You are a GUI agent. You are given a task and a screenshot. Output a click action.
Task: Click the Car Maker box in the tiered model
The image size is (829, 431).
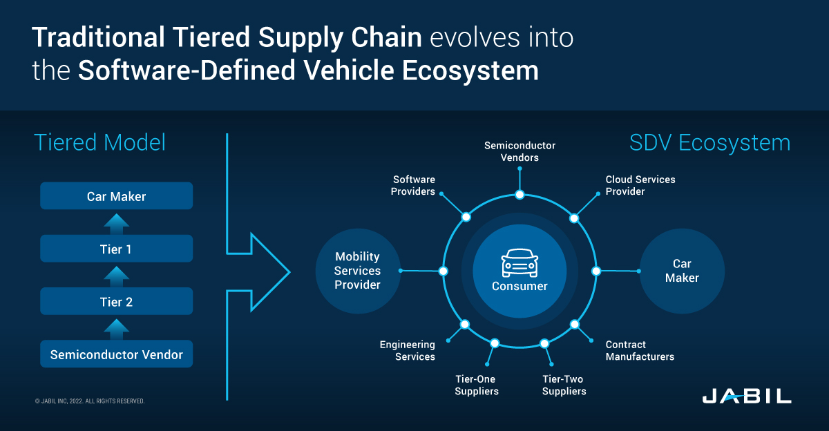pyautogui.click(x=116, y=196)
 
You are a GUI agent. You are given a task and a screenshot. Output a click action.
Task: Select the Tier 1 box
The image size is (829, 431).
pyautogui.click(x=116, y=249)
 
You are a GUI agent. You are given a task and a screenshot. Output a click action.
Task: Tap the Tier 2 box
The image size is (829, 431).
pyautogui.click(x=116, y=302)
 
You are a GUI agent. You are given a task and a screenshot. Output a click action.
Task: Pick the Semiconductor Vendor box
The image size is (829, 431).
pyautogui.click(x=116, y=354)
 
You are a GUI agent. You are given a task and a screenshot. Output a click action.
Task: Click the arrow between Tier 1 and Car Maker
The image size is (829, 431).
pyautogui.click(x=116, y=222)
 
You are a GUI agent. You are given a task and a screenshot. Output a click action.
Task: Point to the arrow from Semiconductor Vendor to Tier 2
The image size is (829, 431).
pyautogui.click(x=116, y=328)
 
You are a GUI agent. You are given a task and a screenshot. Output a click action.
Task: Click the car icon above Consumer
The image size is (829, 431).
pyautogui.click(x=520, y=263)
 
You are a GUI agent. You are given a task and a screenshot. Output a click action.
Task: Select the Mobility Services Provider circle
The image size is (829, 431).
pyautogui.click(x=357, y=271)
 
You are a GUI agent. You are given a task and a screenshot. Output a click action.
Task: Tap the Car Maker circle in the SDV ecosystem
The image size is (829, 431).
pyautogui.click(x=682, y=271)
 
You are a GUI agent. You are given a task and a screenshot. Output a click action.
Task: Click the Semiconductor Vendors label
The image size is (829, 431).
pyautogui.click(x=520, y=151)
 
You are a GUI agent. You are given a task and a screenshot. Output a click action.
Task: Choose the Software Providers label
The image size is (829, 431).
pyautogui.click(x=413, y=185)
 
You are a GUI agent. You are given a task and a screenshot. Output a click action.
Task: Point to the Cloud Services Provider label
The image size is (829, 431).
pyautogui.click(x=640, y=185)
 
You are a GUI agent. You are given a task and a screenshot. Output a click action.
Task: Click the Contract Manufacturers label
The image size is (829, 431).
pyautogui.click(x=640, y=350)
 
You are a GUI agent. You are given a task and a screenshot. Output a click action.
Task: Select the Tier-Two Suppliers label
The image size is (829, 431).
pyautogui.click(x=564, y=385)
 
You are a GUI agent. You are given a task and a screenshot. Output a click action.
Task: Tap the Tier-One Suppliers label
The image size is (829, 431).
pyautogui.click(x=477, y=385)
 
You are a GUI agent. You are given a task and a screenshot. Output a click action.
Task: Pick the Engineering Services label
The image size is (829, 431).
pyautogui.click(x=408, y=350)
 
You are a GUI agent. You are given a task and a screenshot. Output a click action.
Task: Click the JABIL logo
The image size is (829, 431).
pyautogui.click(x=747, y=396)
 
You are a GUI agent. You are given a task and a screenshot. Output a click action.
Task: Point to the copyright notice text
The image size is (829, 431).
pyautogui.click(x=89, y=401)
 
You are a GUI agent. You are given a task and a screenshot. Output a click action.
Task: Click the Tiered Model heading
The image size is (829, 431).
pyautogui.click(x=100, y=143)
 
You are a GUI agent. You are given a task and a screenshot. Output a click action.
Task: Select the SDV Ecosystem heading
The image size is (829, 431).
pyautogui.click(x=709, y=143)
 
